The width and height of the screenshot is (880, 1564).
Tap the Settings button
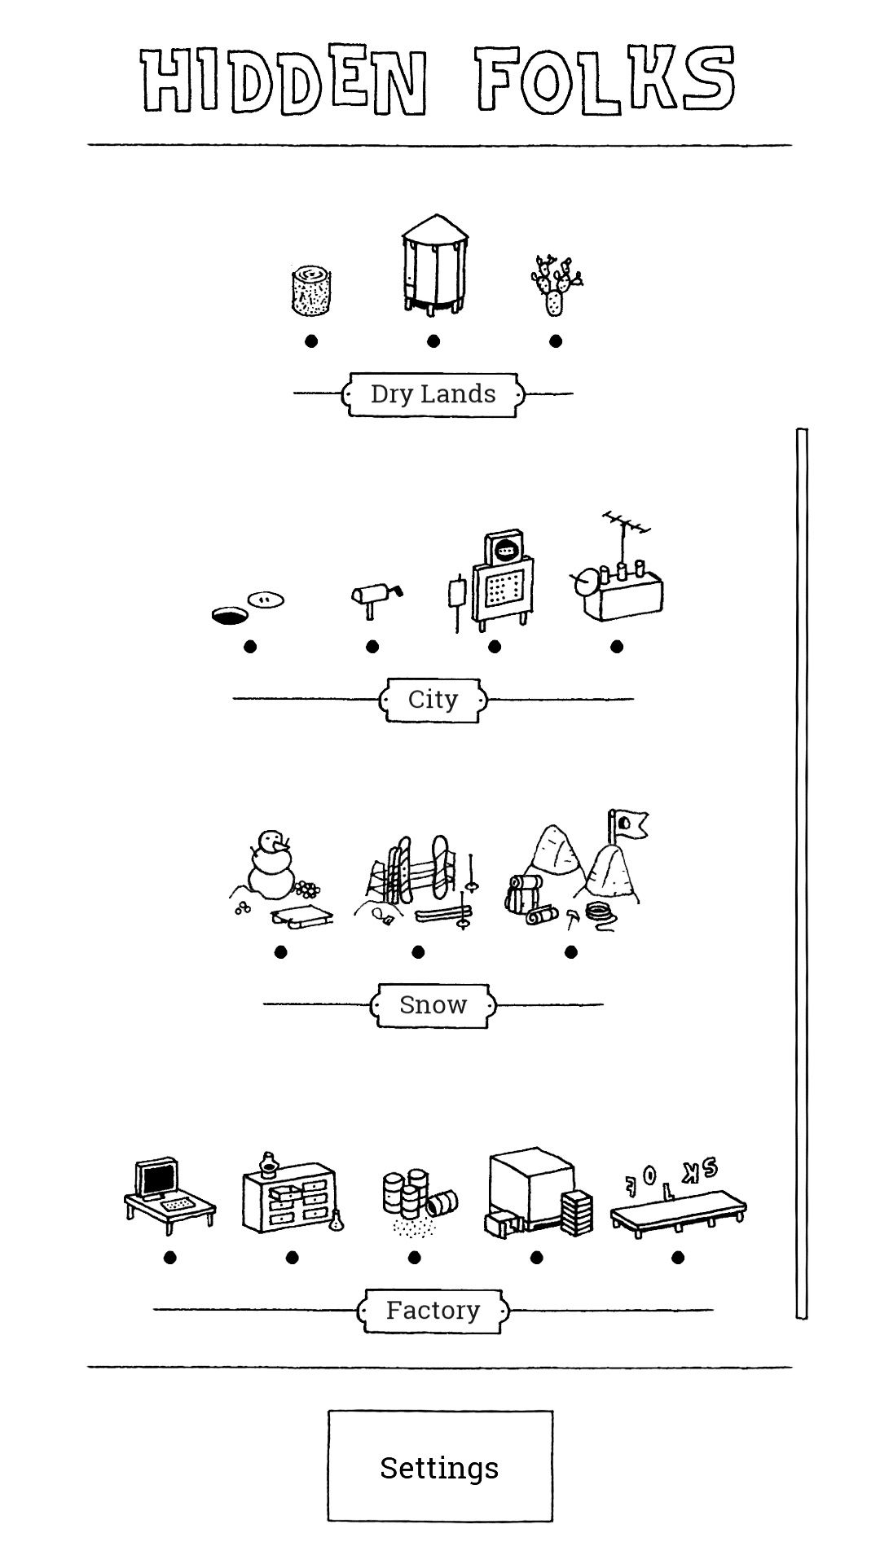[440, 1467]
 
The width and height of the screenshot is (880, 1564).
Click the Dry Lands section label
[433, 394]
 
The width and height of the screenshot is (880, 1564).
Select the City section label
[433, 700]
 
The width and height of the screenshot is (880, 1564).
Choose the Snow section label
[433, 1004]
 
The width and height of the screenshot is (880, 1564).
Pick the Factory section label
[433, 1310]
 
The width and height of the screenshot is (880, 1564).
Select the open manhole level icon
[248, 608]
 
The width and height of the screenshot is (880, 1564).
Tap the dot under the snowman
[281, 952]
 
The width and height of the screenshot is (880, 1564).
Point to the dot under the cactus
[556, 341]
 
